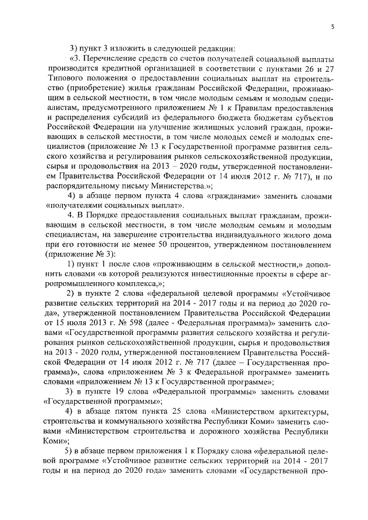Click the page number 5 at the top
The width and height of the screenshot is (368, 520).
[x=332, y=26]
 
